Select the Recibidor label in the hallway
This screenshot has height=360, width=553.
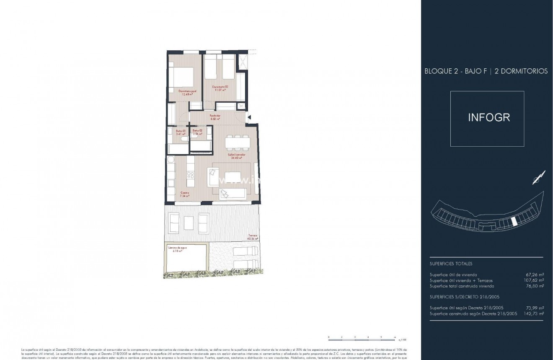coord(215,117)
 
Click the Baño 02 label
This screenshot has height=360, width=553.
coord(197,132)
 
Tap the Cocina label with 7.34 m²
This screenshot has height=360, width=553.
coord(185,194)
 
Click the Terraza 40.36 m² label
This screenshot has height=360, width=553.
coord(252,237)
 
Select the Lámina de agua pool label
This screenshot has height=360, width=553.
coord(178,249)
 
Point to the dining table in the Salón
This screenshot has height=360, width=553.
coord(238,143)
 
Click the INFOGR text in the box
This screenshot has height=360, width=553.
coord(488,117)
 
